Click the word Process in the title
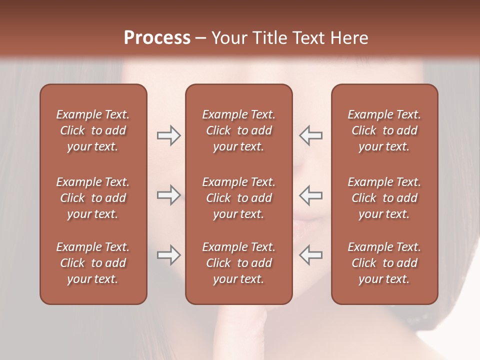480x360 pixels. pyautogui.click(x=157, y=38)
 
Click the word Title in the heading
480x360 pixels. pyautogui.click(x=270, y=38)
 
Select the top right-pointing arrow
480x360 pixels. pyautogui.click(x=168, y=135)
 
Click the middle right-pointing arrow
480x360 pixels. pyautogui.click(x=168, y=195)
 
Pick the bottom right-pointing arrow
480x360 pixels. pyautogui.click(x=168, y=255)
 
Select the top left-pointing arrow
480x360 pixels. pyautogui.click(x=310, y=135)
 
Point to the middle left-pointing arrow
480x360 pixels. pyautogui.click(x=310, y=195)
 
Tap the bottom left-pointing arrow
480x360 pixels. pyautogui.click(x=310, y=255)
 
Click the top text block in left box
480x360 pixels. pyautogui.click(x=93, y=130)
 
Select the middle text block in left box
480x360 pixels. pyautogui.click(x=93, y=198)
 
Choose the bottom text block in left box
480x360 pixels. pyautogui.click(x=93, y=263)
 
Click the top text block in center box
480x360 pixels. pyautogui.click(x=238, y=130)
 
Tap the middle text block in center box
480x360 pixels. pyautogui.click(x=238, y=198)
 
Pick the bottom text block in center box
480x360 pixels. pyautogui.click(x=238, y=263)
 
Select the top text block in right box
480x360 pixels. pyautogui.click(x=384, y=130)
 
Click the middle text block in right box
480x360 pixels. pyautogui.click(x=384, y=198)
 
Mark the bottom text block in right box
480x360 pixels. pyautogui.click(x=384, y=263)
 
